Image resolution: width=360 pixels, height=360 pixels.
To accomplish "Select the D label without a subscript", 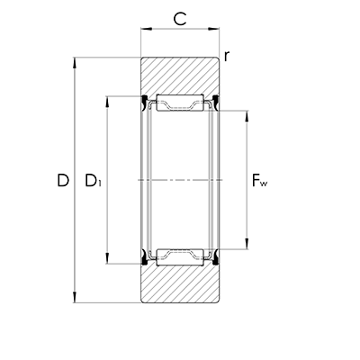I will coord(63,181).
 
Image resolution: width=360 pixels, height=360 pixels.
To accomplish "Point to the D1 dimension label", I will coord(93,182).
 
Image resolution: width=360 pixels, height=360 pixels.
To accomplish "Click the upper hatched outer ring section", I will coord(180,75).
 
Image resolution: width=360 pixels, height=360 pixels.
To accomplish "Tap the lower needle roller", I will coord(181,258).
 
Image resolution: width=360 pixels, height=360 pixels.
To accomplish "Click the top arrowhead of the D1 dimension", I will coord(109,97).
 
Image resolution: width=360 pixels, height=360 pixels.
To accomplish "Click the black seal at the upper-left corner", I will coord(144,100).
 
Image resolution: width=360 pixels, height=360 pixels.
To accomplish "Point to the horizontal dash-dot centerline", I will coord(180,180).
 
